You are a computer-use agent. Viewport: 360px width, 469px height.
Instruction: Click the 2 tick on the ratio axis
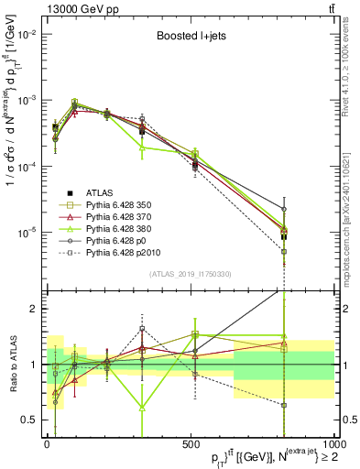tap(35, 309)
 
